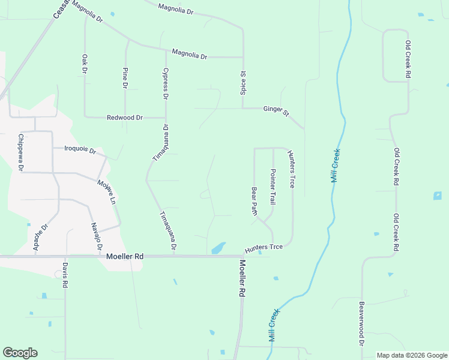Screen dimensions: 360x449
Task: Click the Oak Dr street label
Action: coord(85,64)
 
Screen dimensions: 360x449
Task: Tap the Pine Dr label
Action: coord(125,78)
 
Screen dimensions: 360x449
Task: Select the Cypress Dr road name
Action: coord(166,83)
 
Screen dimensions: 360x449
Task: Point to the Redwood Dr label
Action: coord(124,118)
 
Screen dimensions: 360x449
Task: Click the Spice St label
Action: coord(243,83)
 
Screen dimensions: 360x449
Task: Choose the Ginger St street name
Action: coord(276,110)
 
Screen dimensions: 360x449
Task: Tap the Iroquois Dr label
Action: coord(76,150)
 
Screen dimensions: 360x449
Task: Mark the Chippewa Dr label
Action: coord(20,152)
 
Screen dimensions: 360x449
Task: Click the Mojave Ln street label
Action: coord(106,190)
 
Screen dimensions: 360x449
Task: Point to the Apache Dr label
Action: coord(40,238)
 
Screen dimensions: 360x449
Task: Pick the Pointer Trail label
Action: coord(273,187)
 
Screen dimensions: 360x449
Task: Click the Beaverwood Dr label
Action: coord(363,323)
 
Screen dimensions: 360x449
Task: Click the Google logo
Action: coord(20,353)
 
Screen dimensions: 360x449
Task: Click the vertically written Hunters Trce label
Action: coord(292,169)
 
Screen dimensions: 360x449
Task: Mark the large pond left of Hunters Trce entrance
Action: coord(218,247)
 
